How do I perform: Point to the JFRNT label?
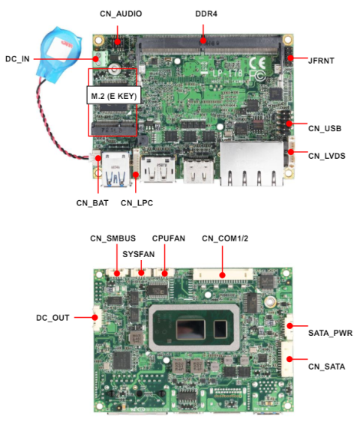pyautogui.click(x=324, y=58)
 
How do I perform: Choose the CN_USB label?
pyautogui.click(x=324, y=128)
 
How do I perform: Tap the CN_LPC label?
pyautogui.click(x=138, y=202)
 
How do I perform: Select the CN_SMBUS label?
pyautogui.click(x=112, y=238)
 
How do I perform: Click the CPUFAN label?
pyautogui.click(x=169, y=238)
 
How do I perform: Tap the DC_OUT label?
pyautogui.click(x=52, y=318)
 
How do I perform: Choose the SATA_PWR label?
pyautogui.click(x=330, y=331)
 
